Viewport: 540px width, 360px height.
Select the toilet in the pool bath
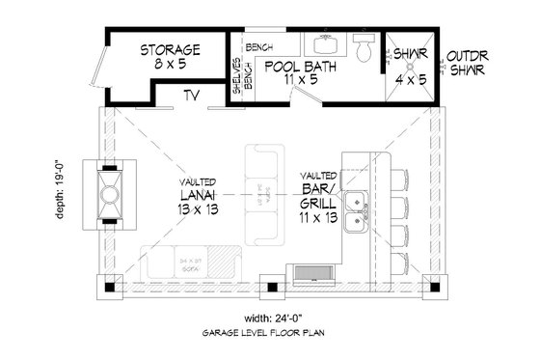tap(364, 48)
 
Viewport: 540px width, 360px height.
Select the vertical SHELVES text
tap(236, 75)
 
